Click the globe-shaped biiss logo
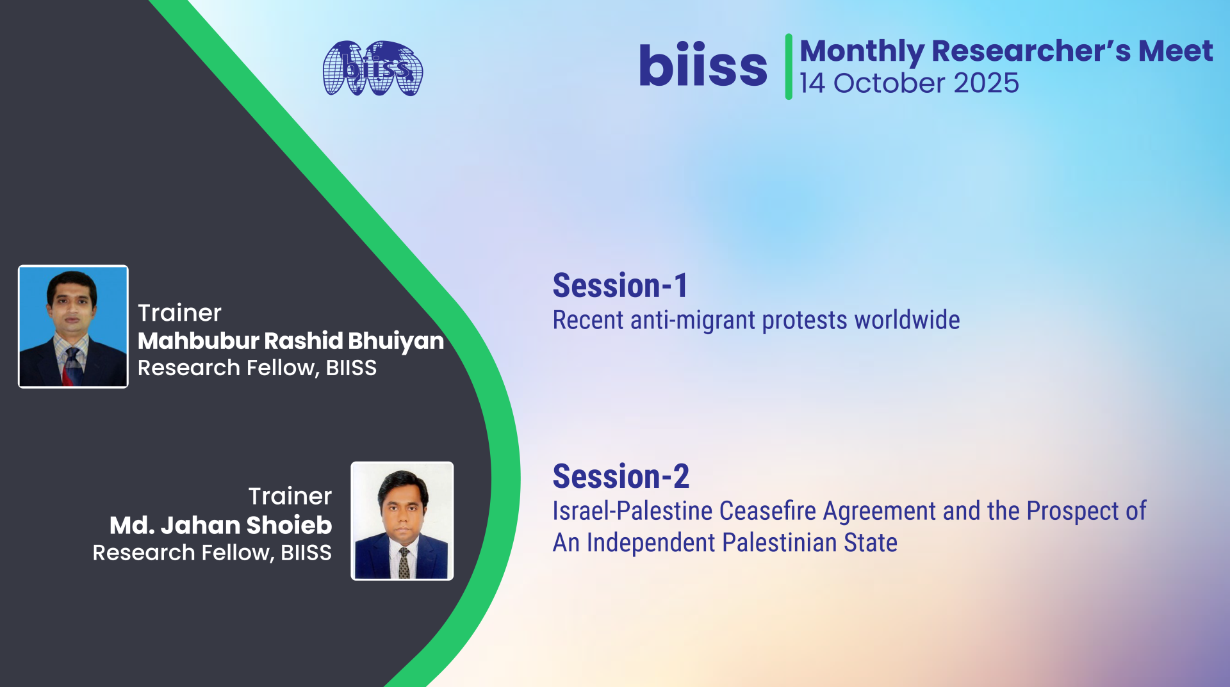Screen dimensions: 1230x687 pos(373,69)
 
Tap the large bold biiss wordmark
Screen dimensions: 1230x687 pos(703,65)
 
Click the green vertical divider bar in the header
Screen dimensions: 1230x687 pos(789,67)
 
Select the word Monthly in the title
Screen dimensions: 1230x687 pos(862,51)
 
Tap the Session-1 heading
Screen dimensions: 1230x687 pos(620,286)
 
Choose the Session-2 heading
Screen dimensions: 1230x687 pos(621,476)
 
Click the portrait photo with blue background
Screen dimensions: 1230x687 pos(73,327)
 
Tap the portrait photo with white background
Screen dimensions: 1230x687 pos(402,521)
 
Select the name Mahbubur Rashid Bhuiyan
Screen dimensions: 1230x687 pos(291,341)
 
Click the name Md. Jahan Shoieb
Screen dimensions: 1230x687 pos(221,525)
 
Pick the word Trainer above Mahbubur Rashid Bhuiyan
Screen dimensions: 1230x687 pos(179,313)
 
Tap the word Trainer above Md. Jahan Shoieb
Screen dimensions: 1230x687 pos(290,496)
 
